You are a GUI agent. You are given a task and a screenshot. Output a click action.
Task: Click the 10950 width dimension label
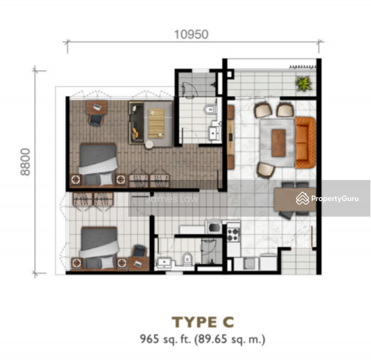click(191, 35)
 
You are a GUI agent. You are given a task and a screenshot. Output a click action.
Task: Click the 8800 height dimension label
click(25, 162)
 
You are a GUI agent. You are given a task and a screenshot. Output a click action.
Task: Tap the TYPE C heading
click(203, 322)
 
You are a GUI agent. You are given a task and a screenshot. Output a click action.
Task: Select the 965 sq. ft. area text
click(165, 339)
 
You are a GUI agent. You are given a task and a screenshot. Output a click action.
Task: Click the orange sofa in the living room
click(305, 143)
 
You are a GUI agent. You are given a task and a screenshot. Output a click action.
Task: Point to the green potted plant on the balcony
click(303, 83)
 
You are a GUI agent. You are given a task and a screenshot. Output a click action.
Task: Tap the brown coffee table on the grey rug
click(279, 143)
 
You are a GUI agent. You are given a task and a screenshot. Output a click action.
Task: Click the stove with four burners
click(233, 235)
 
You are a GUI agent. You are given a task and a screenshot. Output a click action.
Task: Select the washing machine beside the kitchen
click(214, 227)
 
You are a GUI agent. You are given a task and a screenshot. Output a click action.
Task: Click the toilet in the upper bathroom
click(210, 110)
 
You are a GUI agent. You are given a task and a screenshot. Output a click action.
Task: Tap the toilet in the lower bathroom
click(187, 259)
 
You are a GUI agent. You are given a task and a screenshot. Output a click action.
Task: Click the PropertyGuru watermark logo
click(327, 198)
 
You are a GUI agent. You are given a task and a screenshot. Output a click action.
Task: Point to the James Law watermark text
click(172, 199)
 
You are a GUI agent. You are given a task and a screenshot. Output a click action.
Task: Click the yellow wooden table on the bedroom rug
click(156, 123)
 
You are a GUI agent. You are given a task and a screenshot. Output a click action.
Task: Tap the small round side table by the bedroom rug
click(149, 145)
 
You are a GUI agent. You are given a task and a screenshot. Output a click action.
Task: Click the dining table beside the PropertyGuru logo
click(295, 199)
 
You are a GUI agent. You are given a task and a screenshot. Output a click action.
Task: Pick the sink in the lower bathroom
click(165, 262)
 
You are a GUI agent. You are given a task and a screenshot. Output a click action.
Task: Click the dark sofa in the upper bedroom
click(137, 122)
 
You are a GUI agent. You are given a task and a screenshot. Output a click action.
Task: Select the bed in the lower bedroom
click(99, 248)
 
